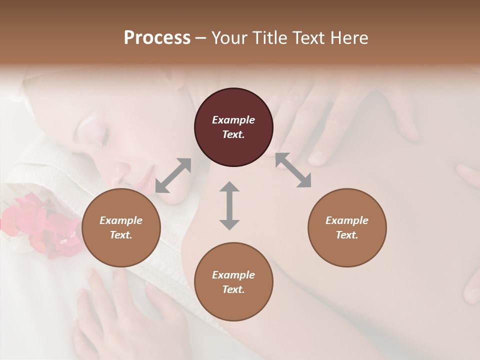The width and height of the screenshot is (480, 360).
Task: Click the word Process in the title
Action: tap(157, 38)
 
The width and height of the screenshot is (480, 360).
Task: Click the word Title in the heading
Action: tap(269, 38)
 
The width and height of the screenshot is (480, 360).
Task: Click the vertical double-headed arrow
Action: tap(229, 205)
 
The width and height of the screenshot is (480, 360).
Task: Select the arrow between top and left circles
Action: tap(173, 175)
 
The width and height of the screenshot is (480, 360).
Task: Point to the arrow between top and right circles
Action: tap(293, 170)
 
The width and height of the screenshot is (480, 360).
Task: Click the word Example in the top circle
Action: tap(233, 120)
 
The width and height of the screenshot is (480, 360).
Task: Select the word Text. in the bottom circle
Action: tap(233, 289)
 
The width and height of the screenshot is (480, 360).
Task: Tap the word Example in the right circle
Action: tap(346, 220)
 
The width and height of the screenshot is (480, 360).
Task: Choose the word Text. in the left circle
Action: tap(121, 235)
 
